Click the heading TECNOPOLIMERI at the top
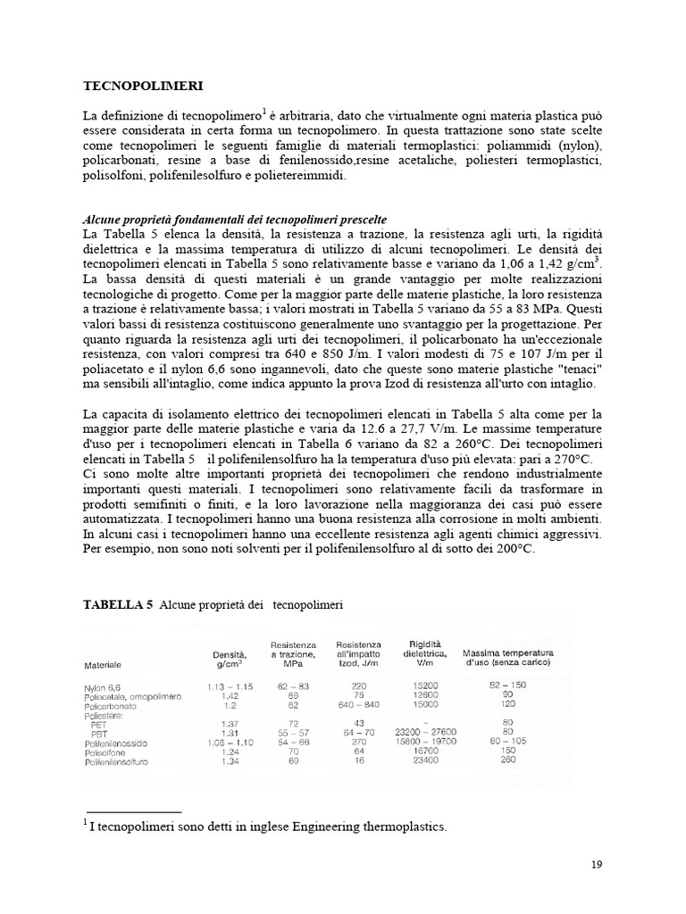pyautogui.click(x=143, y=87)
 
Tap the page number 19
pyautogui.click(x=598, y=864)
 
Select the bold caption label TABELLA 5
pyautogui.click(x=117, y=604)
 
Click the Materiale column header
pyautogui.click(x=103, y=665)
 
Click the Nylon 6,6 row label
pyautogui.click(x=104, y=686)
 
